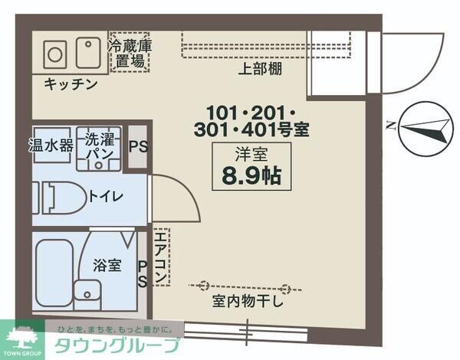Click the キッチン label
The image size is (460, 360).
(x=70, y=83)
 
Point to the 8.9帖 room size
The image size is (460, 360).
(x=251, y=175)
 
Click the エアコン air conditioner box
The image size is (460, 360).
(x=160, y=257)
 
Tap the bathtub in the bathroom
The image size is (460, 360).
(x=54, y=271)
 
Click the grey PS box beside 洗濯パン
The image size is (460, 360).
(x=138, y=146)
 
